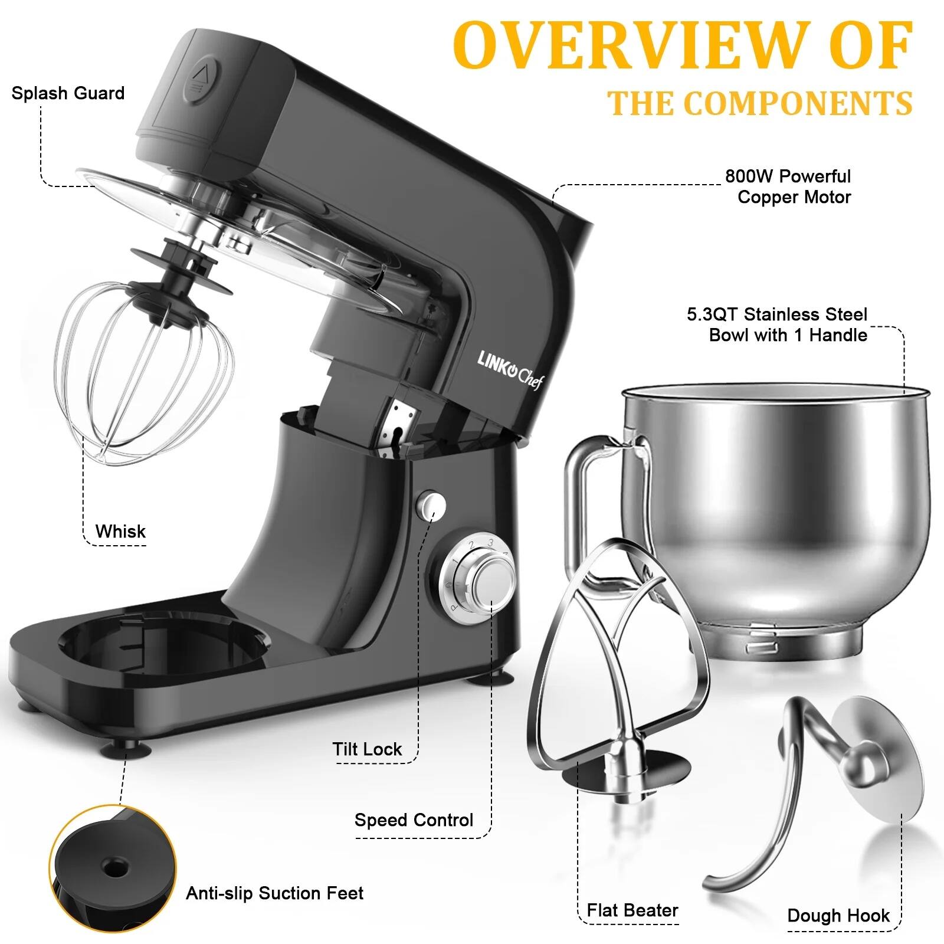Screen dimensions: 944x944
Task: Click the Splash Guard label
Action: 68,93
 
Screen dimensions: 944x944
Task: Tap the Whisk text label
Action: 120,532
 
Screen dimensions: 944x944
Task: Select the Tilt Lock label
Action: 367,749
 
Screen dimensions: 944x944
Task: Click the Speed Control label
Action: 414,820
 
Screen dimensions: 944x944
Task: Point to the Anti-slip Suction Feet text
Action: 274,893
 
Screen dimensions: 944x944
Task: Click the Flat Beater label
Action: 632,910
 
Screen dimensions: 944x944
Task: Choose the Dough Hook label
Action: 838,916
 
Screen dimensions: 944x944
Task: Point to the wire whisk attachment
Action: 145,378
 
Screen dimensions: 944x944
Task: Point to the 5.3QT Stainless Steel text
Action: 777,314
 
